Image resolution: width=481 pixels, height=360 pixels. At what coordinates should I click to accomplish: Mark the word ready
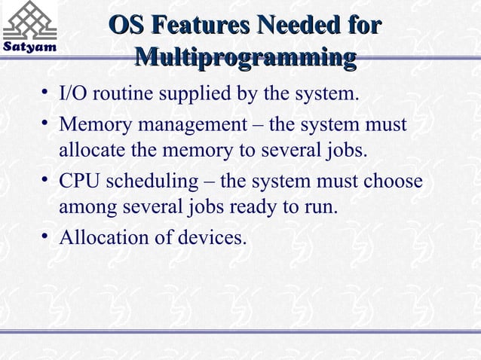[249, 209]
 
